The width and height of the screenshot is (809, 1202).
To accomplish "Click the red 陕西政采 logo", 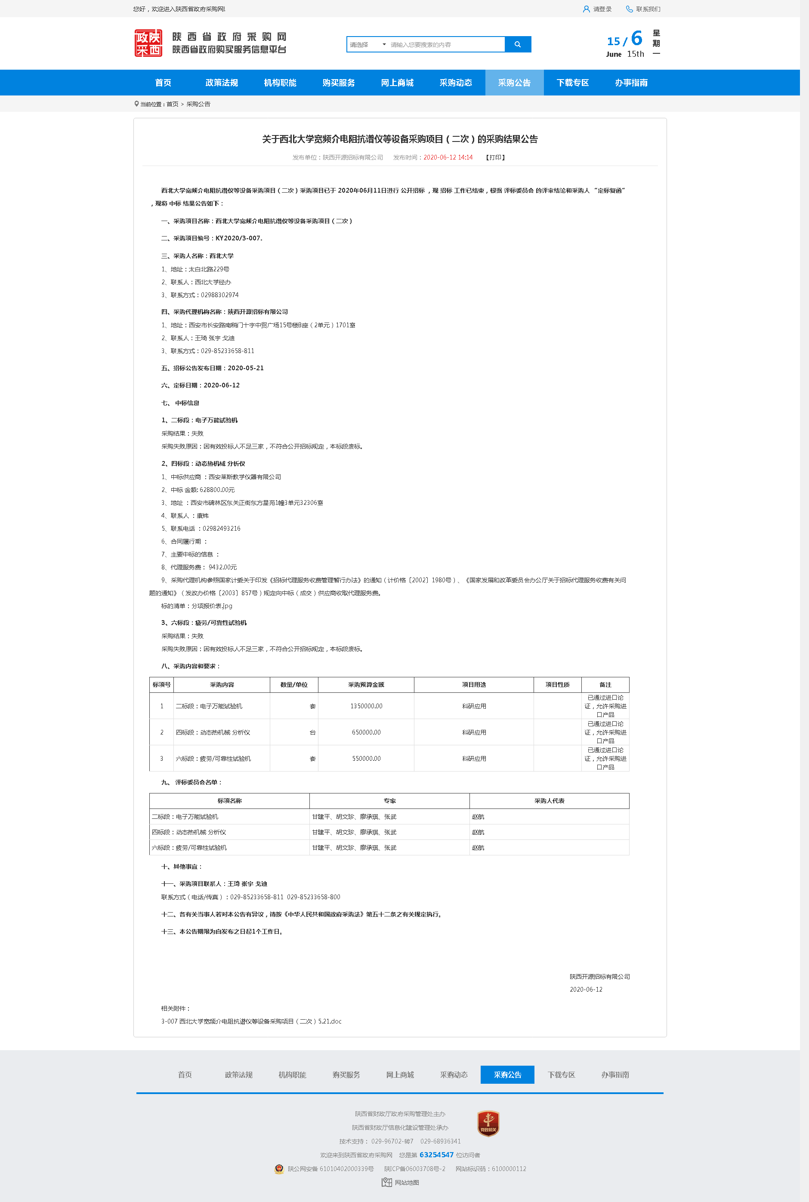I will (x=148, y=43).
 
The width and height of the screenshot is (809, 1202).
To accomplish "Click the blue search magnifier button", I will (x=518, y=44).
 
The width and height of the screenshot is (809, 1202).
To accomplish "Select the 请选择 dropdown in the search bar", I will (x=367, y=45).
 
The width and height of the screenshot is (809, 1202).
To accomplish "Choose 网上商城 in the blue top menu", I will (x=397, y=83).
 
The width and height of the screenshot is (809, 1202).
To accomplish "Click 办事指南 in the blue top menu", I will (x=630, y=83).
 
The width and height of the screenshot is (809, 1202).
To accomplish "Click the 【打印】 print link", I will (x=495, y=158).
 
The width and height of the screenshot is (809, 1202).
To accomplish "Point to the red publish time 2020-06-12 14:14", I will (x=448, y=158).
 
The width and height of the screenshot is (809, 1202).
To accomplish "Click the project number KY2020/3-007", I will (x=238, y=238).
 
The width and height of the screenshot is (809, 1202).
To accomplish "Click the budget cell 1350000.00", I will (x=366, y=707).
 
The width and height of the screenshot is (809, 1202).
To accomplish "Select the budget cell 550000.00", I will (x=366, y=759).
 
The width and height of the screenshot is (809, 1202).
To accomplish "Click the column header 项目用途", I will (x=474, y=685).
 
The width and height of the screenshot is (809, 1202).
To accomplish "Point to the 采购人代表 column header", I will (x=549, y=801).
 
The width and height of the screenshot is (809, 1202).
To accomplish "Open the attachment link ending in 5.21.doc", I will (x=251, y=1021).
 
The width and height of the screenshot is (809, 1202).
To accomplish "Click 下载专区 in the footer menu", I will (x=561, y=1075).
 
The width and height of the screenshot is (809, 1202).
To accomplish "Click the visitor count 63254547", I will (x=436, y=1155).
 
